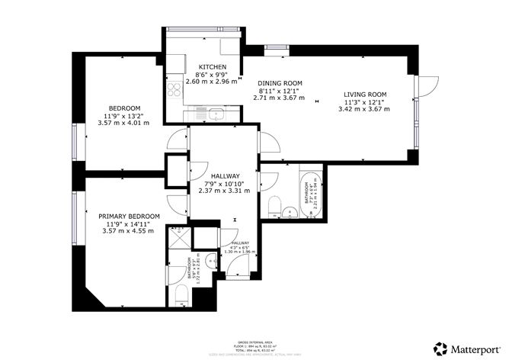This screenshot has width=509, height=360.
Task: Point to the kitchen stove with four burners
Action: tap(173, 91)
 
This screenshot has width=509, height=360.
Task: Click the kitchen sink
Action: tap(211, 115)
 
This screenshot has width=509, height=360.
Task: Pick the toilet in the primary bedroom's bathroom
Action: tap(181, 297)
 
